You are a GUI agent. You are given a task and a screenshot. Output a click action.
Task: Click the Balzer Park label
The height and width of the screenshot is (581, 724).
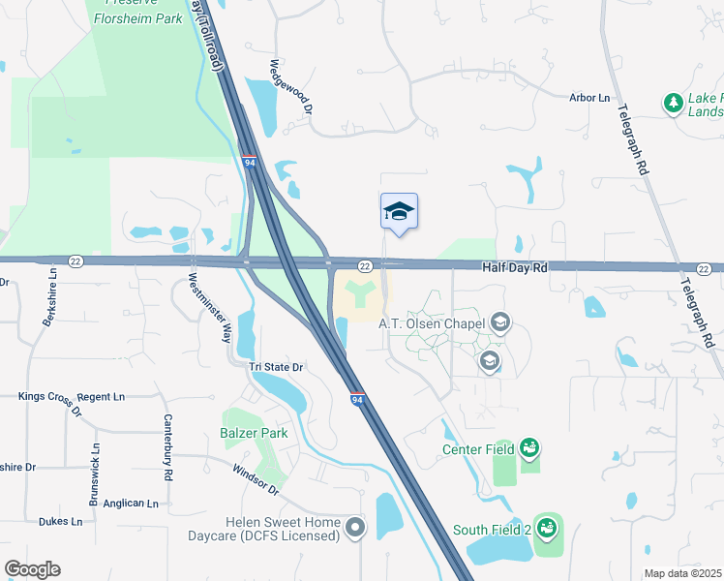pyautogui.click(x=254, y=433)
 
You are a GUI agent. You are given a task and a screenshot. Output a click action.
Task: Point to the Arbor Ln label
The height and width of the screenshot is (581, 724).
pyautogui.click(x=589, y=98)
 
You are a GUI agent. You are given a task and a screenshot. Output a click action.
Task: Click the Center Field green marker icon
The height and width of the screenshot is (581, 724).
pyautogui.click(x=529, y=448)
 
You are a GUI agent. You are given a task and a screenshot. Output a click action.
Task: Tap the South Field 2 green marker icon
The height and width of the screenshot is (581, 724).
pyautogui.click(x=546, y=529)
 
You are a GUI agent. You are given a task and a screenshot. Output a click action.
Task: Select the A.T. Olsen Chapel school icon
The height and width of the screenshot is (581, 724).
pyautogui.click(x=499, y=322)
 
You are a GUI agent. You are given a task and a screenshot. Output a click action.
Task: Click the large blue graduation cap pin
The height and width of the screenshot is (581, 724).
pyautogui.click(x=399, y=211)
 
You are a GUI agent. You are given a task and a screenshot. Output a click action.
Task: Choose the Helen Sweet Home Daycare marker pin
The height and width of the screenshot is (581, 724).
pyautogui.click(x=356, y=528)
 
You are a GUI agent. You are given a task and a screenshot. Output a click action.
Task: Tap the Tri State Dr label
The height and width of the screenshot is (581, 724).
pyautogui.click(x=277, y=367)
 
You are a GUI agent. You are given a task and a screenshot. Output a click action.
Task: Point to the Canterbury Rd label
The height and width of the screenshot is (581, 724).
pyautogui.click(x=169, y=448)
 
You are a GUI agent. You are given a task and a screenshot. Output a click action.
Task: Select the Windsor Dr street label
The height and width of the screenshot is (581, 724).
pyautogui.click(x=256, y=478)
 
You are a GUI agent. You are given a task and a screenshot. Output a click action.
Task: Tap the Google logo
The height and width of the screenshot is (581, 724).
pyautogui.click(x=32, y=569)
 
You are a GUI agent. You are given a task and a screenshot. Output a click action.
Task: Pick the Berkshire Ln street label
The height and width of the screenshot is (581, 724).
pyautogui.click(x=48, y=300)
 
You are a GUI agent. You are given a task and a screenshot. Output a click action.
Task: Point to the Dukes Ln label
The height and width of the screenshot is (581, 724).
pyautogui.click(x=60, y=521)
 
